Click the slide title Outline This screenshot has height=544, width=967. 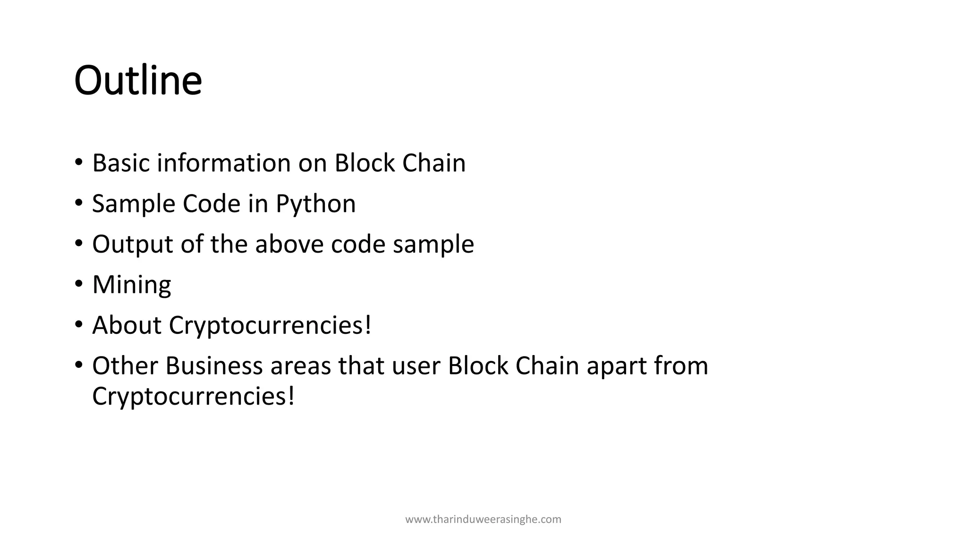coord(138,80)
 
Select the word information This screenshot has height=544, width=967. coord(223,163)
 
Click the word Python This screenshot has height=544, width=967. coord(315,204)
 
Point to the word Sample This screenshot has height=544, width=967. coord(133,204)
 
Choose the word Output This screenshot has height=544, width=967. coord(133,245)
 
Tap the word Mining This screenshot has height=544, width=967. coord(131,285)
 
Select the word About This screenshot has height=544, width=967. coord(127,325)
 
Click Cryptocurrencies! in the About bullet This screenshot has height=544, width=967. coord(270,325)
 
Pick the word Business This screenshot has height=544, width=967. coord(213,366)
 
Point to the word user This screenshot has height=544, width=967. coord(416,366)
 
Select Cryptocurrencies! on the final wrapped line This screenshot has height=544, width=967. coord(193,396)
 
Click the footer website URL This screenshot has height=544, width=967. coord(483,519)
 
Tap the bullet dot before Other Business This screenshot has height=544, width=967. coord(78,365)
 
